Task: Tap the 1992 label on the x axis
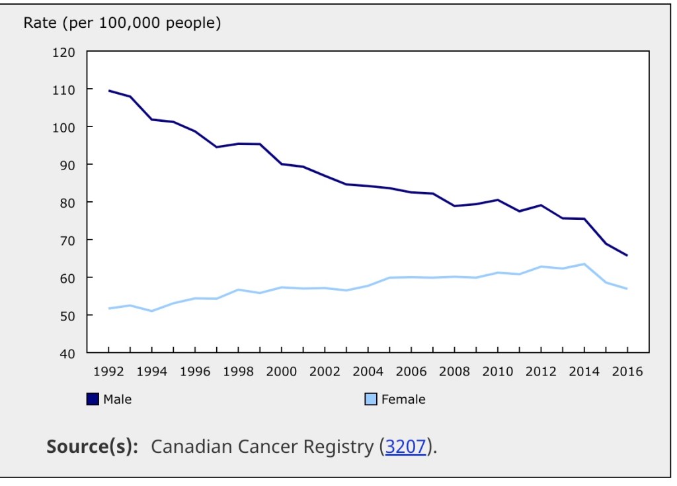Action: [108, 371]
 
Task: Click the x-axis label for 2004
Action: [368, 371]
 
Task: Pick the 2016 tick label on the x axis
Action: [627, 371]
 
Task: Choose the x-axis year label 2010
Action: [497, 371]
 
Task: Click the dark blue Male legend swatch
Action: [93, 399]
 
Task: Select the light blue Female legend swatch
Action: [371, 399]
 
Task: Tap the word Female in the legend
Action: [403, 399]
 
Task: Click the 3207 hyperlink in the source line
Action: [406, 446]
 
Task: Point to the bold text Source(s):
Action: [93, 446]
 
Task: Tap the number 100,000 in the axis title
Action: [130, 23]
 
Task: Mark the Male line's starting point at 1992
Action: [108, 91]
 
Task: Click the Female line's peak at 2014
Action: [584, 264]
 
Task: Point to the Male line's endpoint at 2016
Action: [627, 256]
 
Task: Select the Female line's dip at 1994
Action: [151, 311]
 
